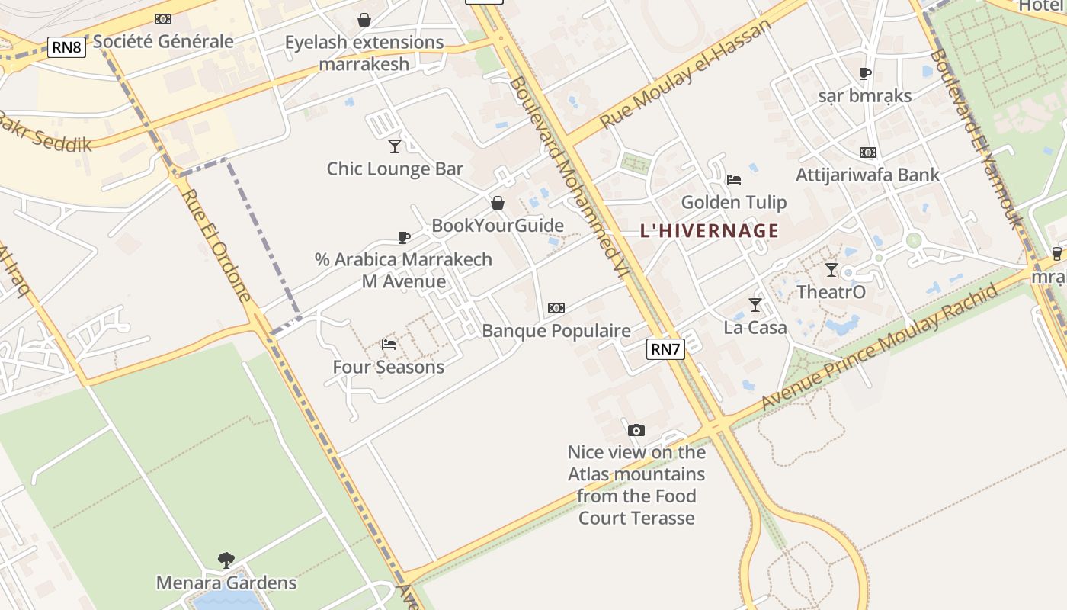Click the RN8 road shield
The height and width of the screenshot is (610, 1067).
66,47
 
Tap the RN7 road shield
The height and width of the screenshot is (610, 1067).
665,349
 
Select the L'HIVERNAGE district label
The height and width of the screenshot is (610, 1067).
710,230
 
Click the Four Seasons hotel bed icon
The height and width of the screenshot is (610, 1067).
389,345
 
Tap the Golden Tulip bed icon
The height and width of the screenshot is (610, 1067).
734,180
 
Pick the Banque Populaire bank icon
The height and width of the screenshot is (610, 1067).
556,308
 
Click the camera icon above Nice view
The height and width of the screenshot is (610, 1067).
636,430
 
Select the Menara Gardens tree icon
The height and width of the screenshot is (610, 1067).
226,560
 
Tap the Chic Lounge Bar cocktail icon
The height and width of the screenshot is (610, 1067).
395,146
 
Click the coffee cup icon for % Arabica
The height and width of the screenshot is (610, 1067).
404,237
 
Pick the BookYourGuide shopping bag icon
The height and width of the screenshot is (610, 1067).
498,203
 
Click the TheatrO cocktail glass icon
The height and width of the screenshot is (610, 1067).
831,269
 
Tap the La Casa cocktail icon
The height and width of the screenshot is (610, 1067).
755,305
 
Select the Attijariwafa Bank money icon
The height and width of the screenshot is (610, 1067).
868,152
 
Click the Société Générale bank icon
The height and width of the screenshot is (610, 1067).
163,19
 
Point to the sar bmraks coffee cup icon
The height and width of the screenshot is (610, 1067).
865,73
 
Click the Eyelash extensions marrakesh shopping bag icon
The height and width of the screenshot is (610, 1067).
364,20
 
